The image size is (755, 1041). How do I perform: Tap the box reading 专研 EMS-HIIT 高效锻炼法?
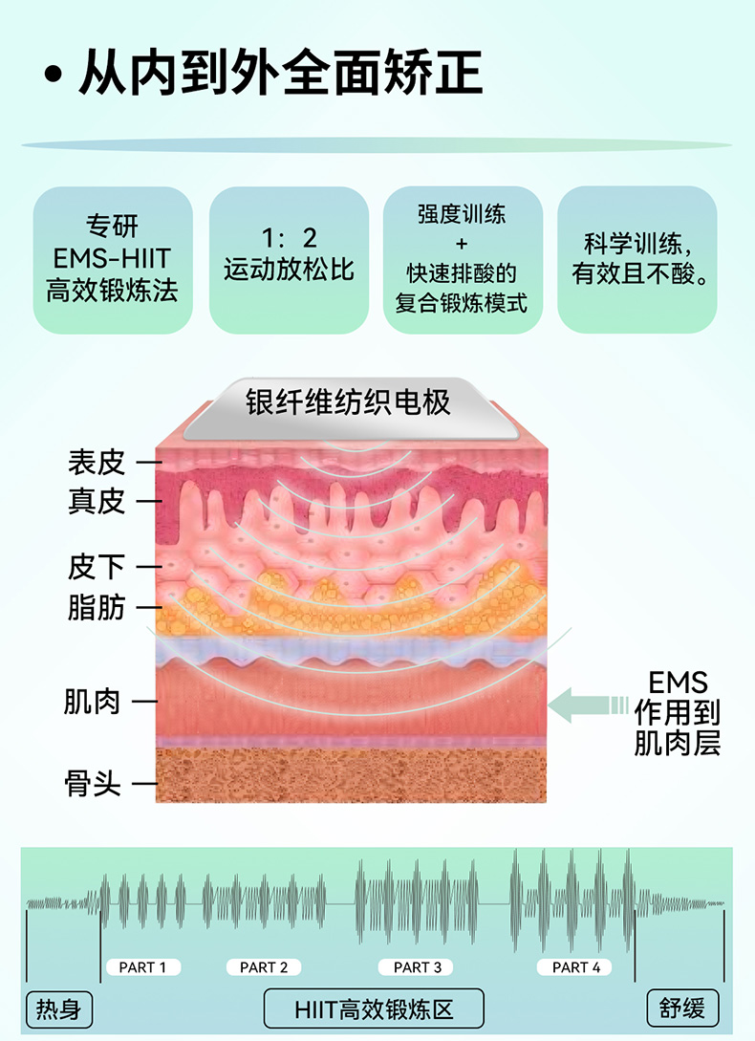coord(113,259)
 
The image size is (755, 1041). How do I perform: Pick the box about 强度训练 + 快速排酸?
coord(463,259)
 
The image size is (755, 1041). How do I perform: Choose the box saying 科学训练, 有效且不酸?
coord(637,259)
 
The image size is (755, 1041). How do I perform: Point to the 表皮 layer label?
coord(96,463)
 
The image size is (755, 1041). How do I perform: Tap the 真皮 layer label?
coord(96,501)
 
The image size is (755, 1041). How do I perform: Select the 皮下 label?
coord(96,567)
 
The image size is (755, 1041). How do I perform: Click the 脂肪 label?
coord(96,606)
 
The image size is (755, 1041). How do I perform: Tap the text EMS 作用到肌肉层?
coord(678,712)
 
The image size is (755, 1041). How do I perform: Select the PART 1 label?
coord(143,967)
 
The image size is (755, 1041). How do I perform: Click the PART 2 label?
coord(264,967)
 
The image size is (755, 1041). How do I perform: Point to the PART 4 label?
coord(576,967)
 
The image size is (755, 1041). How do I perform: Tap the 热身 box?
coord(58,1008)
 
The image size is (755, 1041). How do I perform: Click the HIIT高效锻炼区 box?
coord(374,1008)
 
